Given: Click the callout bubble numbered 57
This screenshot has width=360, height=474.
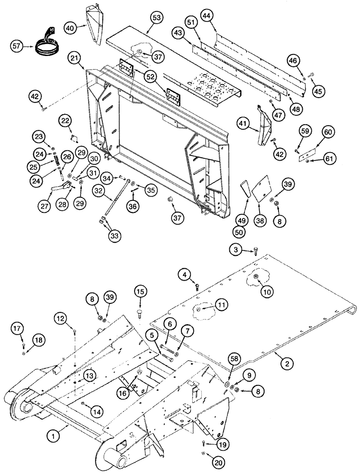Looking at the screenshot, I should click(x=18, y=46).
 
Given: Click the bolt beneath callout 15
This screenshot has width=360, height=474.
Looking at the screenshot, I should click(x=140, y=312).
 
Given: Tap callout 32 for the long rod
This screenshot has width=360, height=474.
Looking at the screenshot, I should click(x=99, y=190).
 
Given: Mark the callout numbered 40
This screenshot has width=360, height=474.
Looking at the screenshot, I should click(x=71, y=28).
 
